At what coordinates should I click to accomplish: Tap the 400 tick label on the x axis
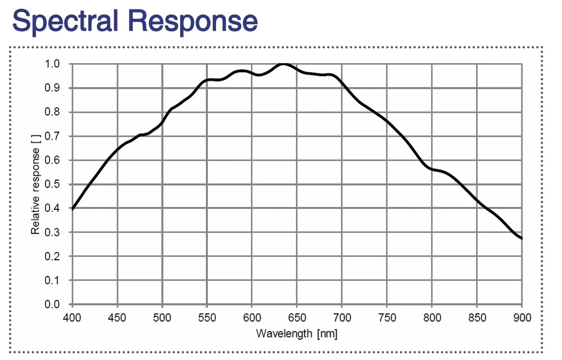(72, 318)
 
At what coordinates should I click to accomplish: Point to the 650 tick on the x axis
(296, 318)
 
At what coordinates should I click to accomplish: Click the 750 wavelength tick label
(386, 318)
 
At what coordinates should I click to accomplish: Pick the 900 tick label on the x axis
(521, 318)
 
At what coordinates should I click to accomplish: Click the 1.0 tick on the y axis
(52, 64)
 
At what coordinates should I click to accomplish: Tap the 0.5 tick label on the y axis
(52, 184)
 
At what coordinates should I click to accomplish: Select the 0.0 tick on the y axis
(52, 304)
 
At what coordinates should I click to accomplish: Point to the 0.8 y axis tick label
(52, 112)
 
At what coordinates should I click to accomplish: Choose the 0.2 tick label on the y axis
(52, 256)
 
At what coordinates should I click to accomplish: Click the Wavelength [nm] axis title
(296, 333)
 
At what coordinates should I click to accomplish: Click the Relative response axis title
(35, 184)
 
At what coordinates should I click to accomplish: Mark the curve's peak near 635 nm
(284, 64)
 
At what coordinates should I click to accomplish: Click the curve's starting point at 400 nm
(72, 208)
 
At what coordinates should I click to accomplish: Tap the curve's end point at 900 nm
(521, 238)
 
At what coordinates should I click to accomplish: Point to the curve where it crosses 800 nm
(432, 169)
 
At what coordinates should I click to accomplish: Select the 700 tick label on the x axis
(342, 318)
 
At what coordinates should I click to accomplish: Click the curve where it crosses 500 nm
(162, 122)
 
